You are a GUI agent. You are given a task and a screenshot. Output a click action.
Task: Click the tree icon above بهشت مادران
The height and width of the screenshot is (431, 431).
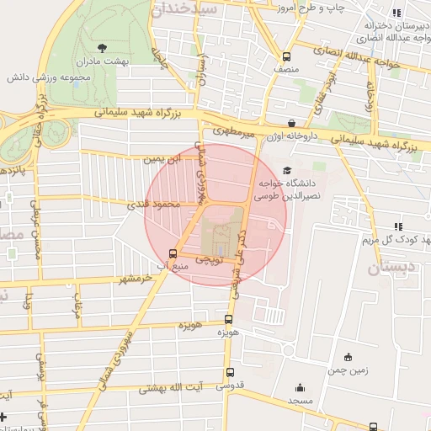pos(102,48)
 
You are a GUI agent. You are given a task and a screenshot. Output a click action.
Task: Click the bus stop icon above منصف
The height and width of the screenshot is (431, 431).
pos(287,57)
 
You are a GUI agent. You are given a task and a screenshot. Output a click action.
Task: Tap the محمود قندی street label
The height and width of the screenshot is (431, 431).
pos(154,204)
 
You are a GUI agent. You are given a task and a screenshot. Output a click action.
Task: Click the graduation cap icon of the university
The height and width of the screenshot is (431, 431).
pos(289,170)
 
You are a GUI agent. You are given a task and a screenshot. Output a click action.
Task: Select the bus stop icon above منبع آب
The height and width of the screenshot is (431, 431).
pos(173,253)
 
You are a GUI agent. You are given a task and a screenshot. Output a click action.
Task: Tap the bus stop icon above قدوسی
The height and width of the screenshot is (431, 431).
pos(230,373)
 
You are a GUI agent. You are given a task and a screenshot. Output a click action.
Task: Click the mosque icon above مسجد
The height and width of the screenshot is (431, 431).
pos(300,387)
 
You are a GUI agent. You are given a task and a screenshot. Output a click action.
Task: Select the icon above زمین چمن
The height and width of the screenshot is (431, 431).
pos(348,357)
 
